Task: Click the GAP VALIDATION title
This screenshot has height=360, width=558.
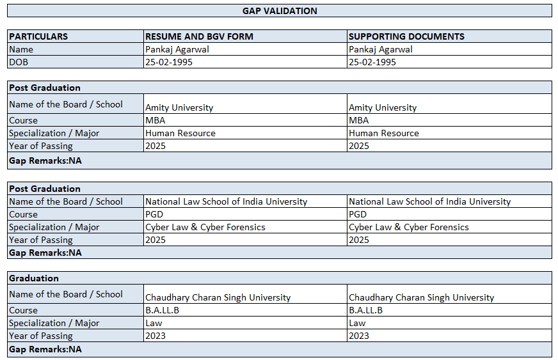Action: (x=280, y=11)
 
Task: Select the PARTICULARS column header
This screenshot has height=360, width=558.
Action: (x=38, y=36)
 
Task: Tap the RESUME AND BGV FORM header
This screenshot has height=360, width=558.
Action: (x=199, y=36)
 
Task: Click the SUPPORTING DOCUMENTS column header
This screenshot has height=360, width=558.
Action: (x=406, y=36)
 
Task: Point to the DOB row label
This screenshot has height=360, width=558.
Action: (x=19, y=62)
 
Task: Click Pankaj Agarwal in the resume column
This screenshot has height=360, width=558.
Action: (x=177, y=49)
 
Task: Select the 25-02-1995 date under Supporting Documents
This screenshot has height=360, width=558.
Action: (x=372, y=62)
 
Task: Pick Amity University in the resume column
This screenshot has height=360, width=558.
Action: (x=179, y=107)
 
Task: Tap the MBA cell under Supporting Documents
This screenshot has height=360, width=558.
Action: (x=358, y=120)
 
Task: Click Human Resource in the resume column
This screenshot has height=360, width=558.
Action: (x=180, y=133)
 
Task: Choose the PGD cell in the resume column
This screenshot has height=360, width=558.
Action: (x=154, y=214)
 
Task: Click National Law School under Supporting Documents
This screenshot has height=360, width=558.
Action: (x=429, y=201)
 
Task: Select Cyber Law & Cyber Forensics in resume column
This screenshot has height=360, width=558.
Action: (x=205, y=227)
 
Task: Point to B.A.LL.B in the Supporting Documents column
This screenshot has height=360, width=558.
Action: (x=365, y=310)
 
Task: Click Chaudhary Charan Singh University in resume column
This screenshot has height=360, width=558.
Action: (x=218, y=297)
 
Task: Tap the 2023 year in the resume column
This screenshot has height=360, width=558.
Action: (x=155, y=336)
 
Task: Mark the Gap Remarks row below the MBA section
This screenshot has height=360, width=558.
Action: (x=45, y=160)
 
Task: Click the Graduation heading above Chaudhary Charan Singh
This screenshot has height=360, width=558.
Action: (x=34, y=278)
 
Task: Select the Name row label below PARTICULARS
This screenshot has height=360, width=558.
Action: (x=21, y=49)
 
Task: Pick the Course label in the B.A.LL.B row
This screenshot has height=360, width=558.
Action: (x=23, y=310)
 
